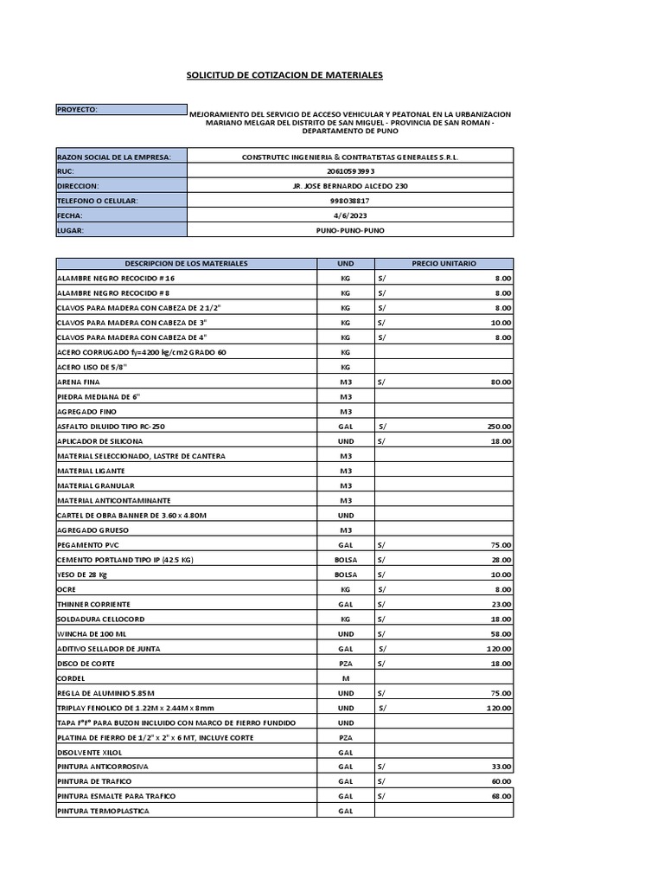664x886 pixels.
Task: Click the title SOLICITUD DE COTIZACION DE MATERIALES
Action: pos(284,75)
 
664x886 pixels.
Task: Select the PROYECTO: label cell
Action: pos(121,110)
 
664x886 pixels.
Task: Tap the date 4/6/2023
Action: pos(350,215)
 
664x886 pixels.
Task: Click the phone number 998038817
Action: pos(350,201)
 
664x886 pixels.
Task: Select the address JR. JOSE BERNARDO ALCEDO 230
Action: pos(350,186)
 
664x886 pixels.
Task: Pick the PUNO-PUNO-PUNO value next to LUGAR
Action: pos(350,231)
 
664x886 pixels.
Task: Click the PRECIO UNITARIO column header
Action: pos(444,263)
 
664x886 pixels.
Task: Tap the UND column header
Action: pos(345,263)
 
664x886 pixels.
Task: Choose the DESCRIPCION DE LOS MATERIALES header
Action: pos(186,263)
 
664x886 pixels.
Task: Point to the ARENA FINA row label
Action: pos(77,382)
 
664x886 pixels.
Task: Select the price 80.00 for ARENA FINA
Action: pos(501,382)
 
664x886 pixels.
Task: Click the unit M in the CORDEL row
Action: pos(345,678)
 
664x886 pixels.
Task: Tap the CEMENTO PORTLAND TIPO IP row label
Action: pos(124,560)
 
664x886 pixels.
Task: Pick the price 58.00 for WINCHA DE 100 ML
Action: pos(501,634)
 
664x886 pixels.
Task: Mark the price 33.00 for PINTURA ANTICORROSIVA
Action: pos(501,767)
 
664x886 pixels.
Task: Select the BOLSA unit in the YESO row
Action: pos(345,575)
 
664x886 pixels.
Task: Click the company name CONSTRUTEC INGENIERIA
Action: pos(350,157)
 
